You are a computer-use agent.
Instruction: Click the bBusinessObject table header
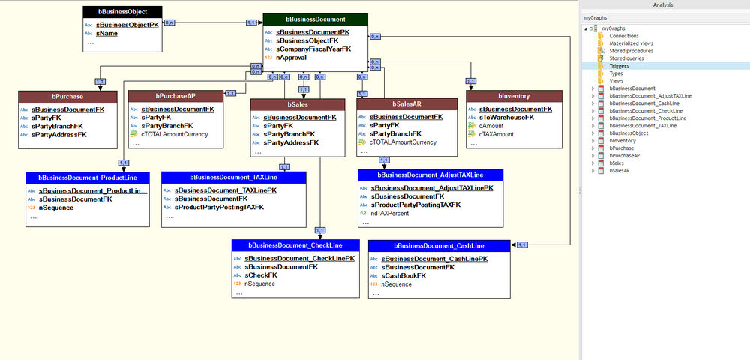(x=121, y=11)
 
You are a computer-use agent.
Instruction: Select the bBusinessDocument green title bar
(x=315, y=19)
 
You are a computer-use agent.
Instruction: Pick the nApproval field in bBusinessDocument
(x=291, y=57)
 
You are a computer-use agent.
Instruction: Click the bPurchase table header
(x=67, y=96)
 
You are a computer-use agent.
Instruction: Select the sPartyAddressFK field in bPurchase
(x=58, y=134)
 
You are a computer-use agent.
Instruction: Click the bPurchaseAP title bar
(x=177, y=96)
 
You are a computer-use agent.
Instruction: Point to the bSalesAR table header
(x=407, y=104)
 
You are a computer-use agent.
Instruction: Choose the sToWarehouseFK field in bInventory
(x=506, y=117)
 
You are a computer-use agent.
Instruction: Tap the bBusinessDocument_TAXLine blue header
(x=234, y=178)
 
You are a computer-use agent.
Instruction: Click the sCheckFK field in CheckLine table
(x=261, y=274)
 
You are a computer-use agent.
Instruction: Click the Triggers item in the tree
(x=619, y=66)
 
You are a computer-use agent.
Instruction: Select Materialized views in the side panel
(x=631, y=43)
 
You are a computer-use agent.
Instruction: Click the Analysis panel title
(x=664, y=4)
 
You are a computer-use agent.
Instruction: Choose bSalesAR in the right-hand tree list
(x=619, y=171)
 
